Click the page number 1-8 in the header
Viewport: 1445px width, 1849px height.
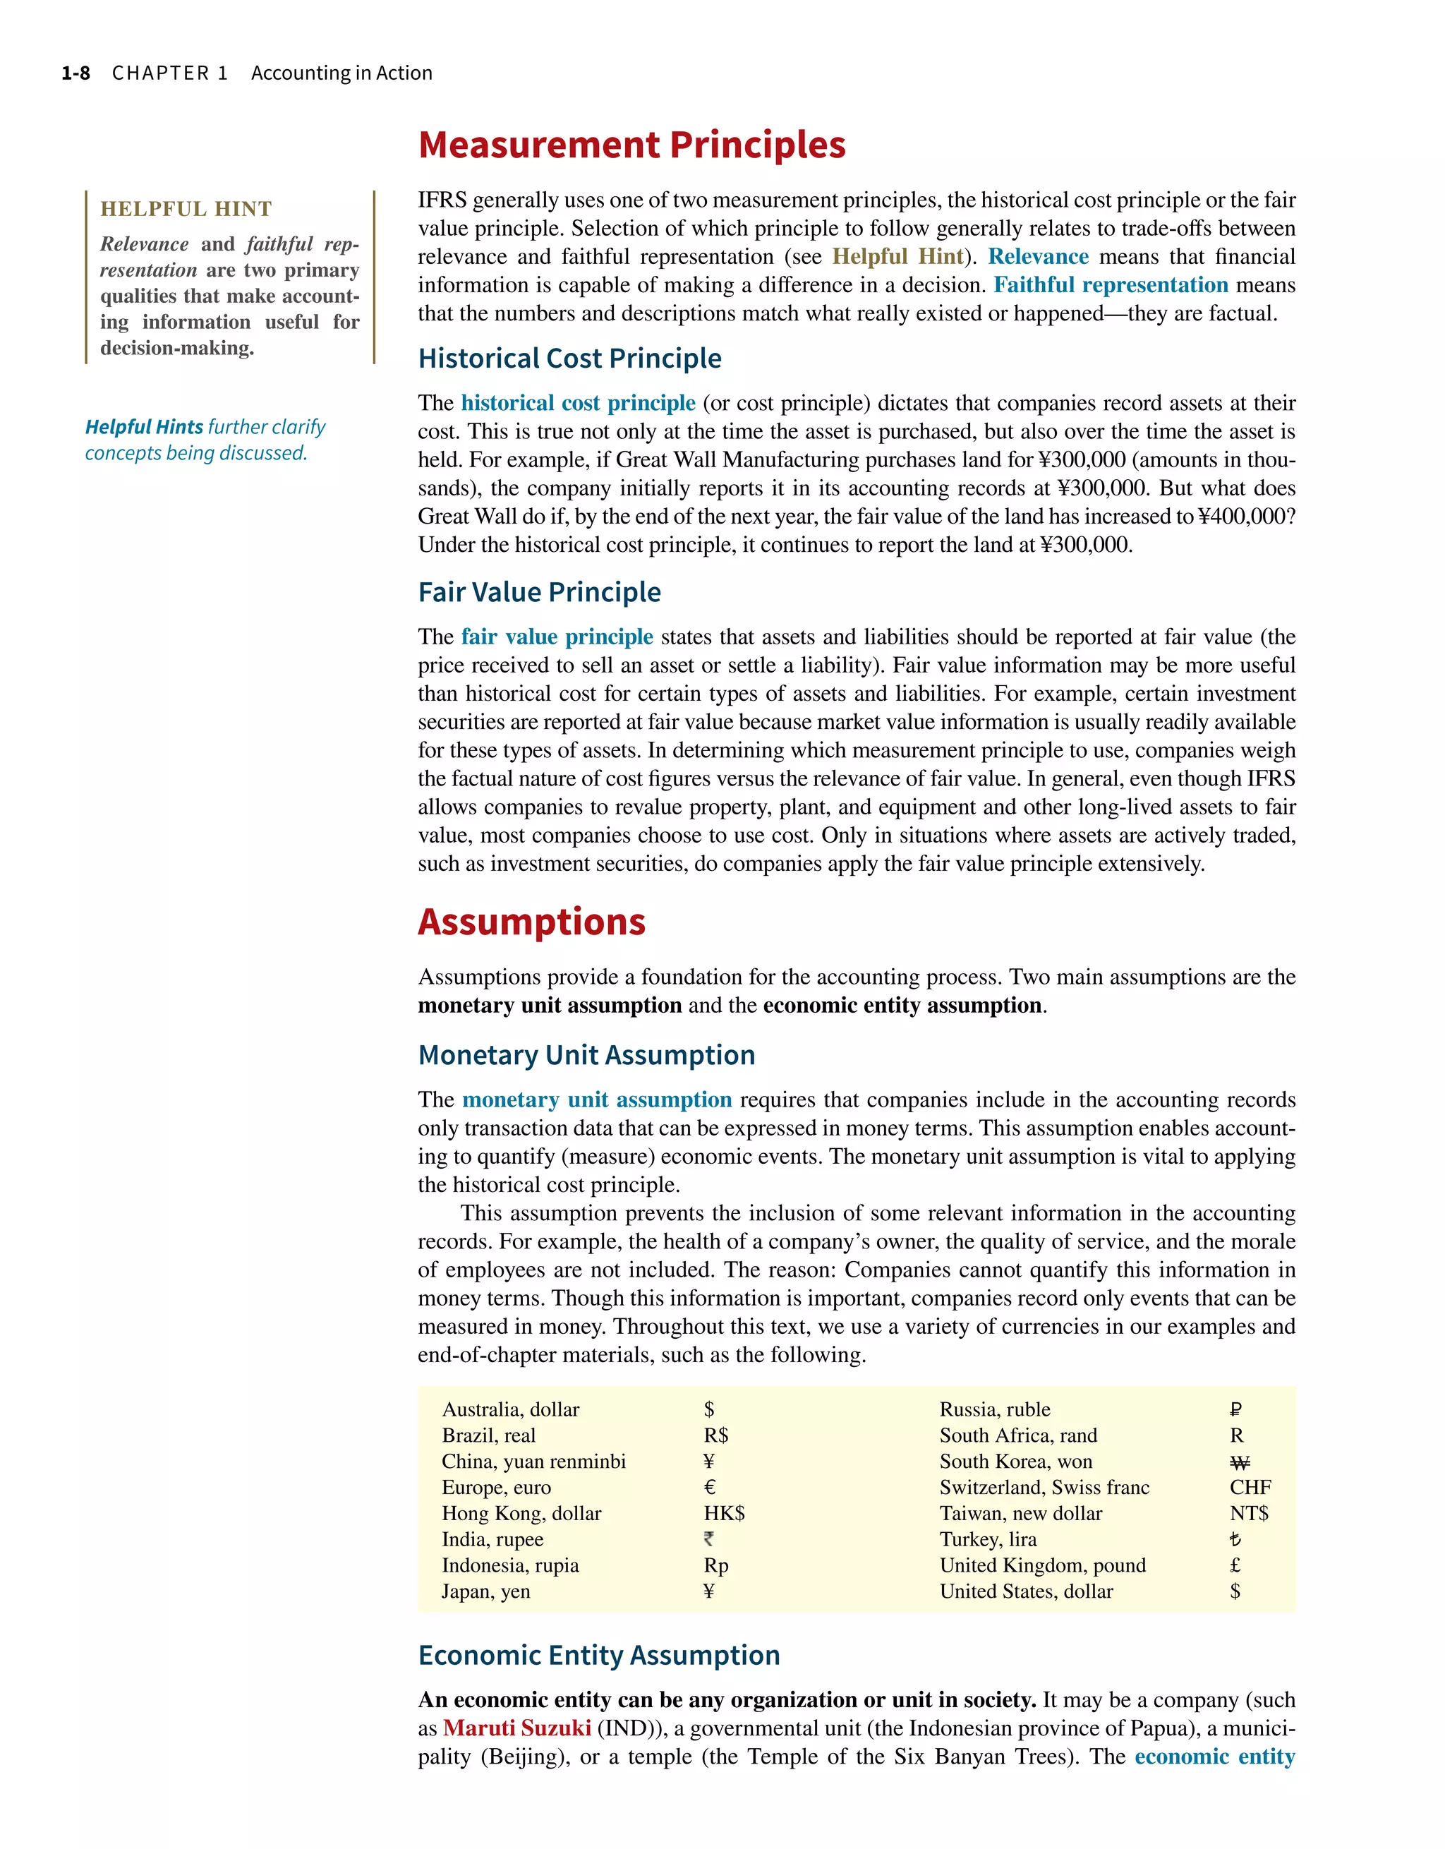coord(75,73)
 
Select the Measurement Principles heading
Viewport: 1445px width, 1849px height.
coord(631,145)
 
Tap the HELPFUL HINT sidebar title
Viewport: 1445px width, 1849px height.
coord(186,209)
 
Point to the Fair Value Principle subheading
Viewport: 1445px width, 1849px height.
coord(539,592)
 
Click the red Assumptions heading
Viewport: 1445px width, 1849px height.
coord(531,922)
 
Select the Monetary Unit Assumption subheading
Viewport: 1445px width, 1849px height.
coord(586,1055)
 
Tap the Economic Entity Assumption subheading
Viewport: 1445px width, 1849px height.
coord(599,1655)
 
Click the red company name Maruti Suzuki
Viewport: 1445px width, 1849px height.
coord(516,1728)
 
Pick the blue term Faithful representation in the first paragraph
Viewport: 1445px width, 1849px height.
coord(1111,285)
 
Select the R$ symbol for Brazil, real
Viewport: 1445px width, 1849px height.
coord(716,1436)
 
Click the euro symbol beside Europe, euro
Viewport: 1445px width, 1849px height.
coord(709,1488)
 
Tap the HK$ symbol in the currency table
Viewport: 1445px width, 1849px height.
coord(724,1514)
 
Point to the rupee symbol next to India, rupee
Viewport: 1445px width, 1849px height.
coord(708,1539)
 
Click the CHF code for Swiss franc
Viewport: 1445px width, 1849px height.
coord(1250,1488)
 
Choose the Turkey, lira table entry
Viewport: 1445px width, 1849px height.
coord(988,1539)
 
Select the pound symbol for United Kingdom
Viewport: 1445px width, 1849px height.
coord(1235,1565)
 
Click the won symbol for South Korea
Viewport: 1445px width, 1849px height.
coord(1239,1462)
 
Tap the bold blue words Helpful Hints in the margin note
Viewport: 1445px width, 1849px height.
coord(144,427)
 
